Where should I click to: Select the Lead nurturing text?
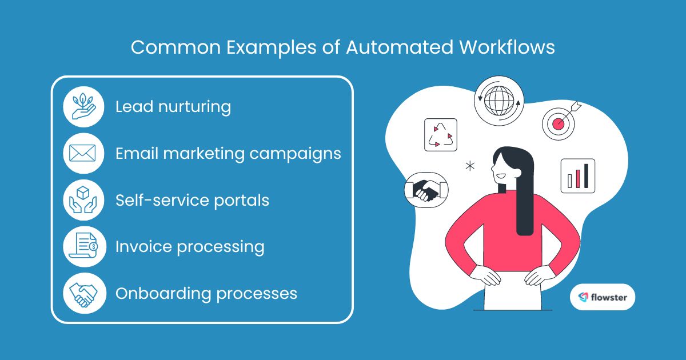tap(173, 107)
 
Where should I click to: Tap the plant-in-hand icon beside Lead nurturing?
tap(83, 107)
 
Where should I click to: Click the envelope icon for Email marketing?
tap(83, 154)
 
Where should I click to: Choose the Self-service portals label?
tap(192, 201)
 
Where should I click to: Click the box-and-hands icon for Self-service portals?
tap(83, 201)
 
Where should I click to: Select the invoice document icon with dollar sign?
tap(83, 247)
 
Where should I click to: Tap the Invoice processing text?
tap(190, 247)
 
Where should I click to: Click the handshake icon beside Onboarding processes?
tap(83, 294)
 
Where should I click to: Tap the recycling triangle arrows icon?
tap(441, 135)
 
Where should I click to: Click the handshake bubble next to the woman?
tap(426, 188)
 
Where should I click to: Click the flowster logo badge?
tap(602, 297)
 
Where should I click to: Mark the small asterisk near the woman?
tap(470, 166)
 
